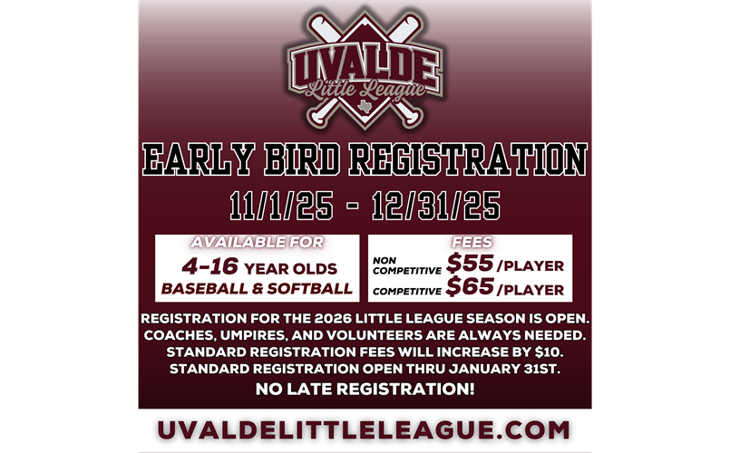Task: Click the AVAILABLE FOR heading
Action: tap(256, 243)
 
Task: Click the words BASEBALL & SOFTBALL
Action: tap(256, 289)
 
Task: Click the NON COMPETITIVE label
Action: tap(405, 265)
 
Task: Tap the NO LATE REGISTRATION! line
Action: tap(365, 390)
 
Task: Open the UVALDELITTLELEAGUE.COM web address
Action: tap(365, 429)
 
